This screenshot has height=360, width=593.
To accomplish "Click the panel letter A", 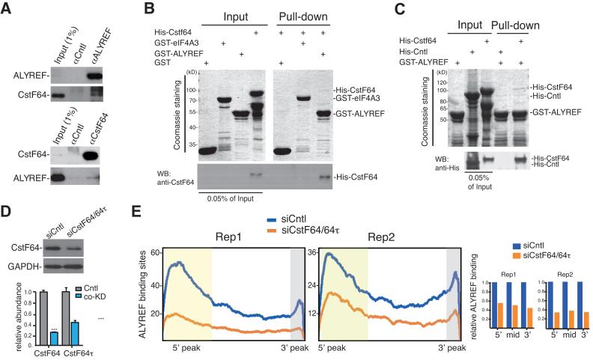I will pos(7,8).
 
